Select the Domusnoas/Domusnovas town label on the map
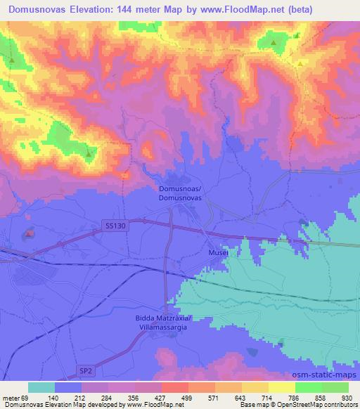pyautogui.click(x=181, y=194)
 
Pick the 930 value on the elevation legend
pyautogui.click(x=348, y=397)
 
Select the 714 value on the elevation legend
pyautogui.click(x=268, y=397)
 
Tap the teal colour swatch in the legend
pyautogui.click(x=41, y=387)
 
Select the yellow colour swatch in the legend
pyautogui.click(x=282, y=387)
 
